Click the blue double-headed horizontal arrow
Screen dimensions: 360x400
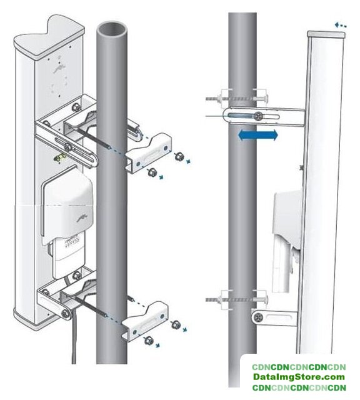(257, 135)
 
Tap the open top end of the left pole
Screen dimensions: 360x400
(112, 29)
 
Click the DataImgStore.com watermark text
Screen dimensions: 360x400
(299, 377)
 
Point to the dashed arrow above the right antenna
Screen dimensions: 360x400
(341, 25)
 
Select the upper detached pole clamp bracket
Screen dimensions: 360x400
(148, 153)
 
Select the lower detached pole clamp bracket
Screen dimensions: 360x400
(144, 321)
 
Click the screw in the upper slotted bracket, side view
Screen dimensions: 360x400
(259, 116)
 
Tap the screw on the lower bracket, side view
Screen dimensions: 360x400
(258, 317)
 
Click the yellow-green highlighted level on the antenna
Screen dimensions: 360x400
(59, 157)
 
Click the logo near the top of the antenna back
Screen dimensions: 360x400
(59, 69)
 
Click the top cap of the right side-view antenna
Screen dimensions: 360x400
(326, 34)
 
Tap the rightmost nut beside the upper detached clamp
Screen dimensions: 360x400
(179, 156)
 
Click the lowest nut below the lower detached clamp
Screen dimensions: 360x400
(148, 341)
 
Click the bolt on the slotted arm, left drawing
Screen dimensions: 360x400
(68, 147)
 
